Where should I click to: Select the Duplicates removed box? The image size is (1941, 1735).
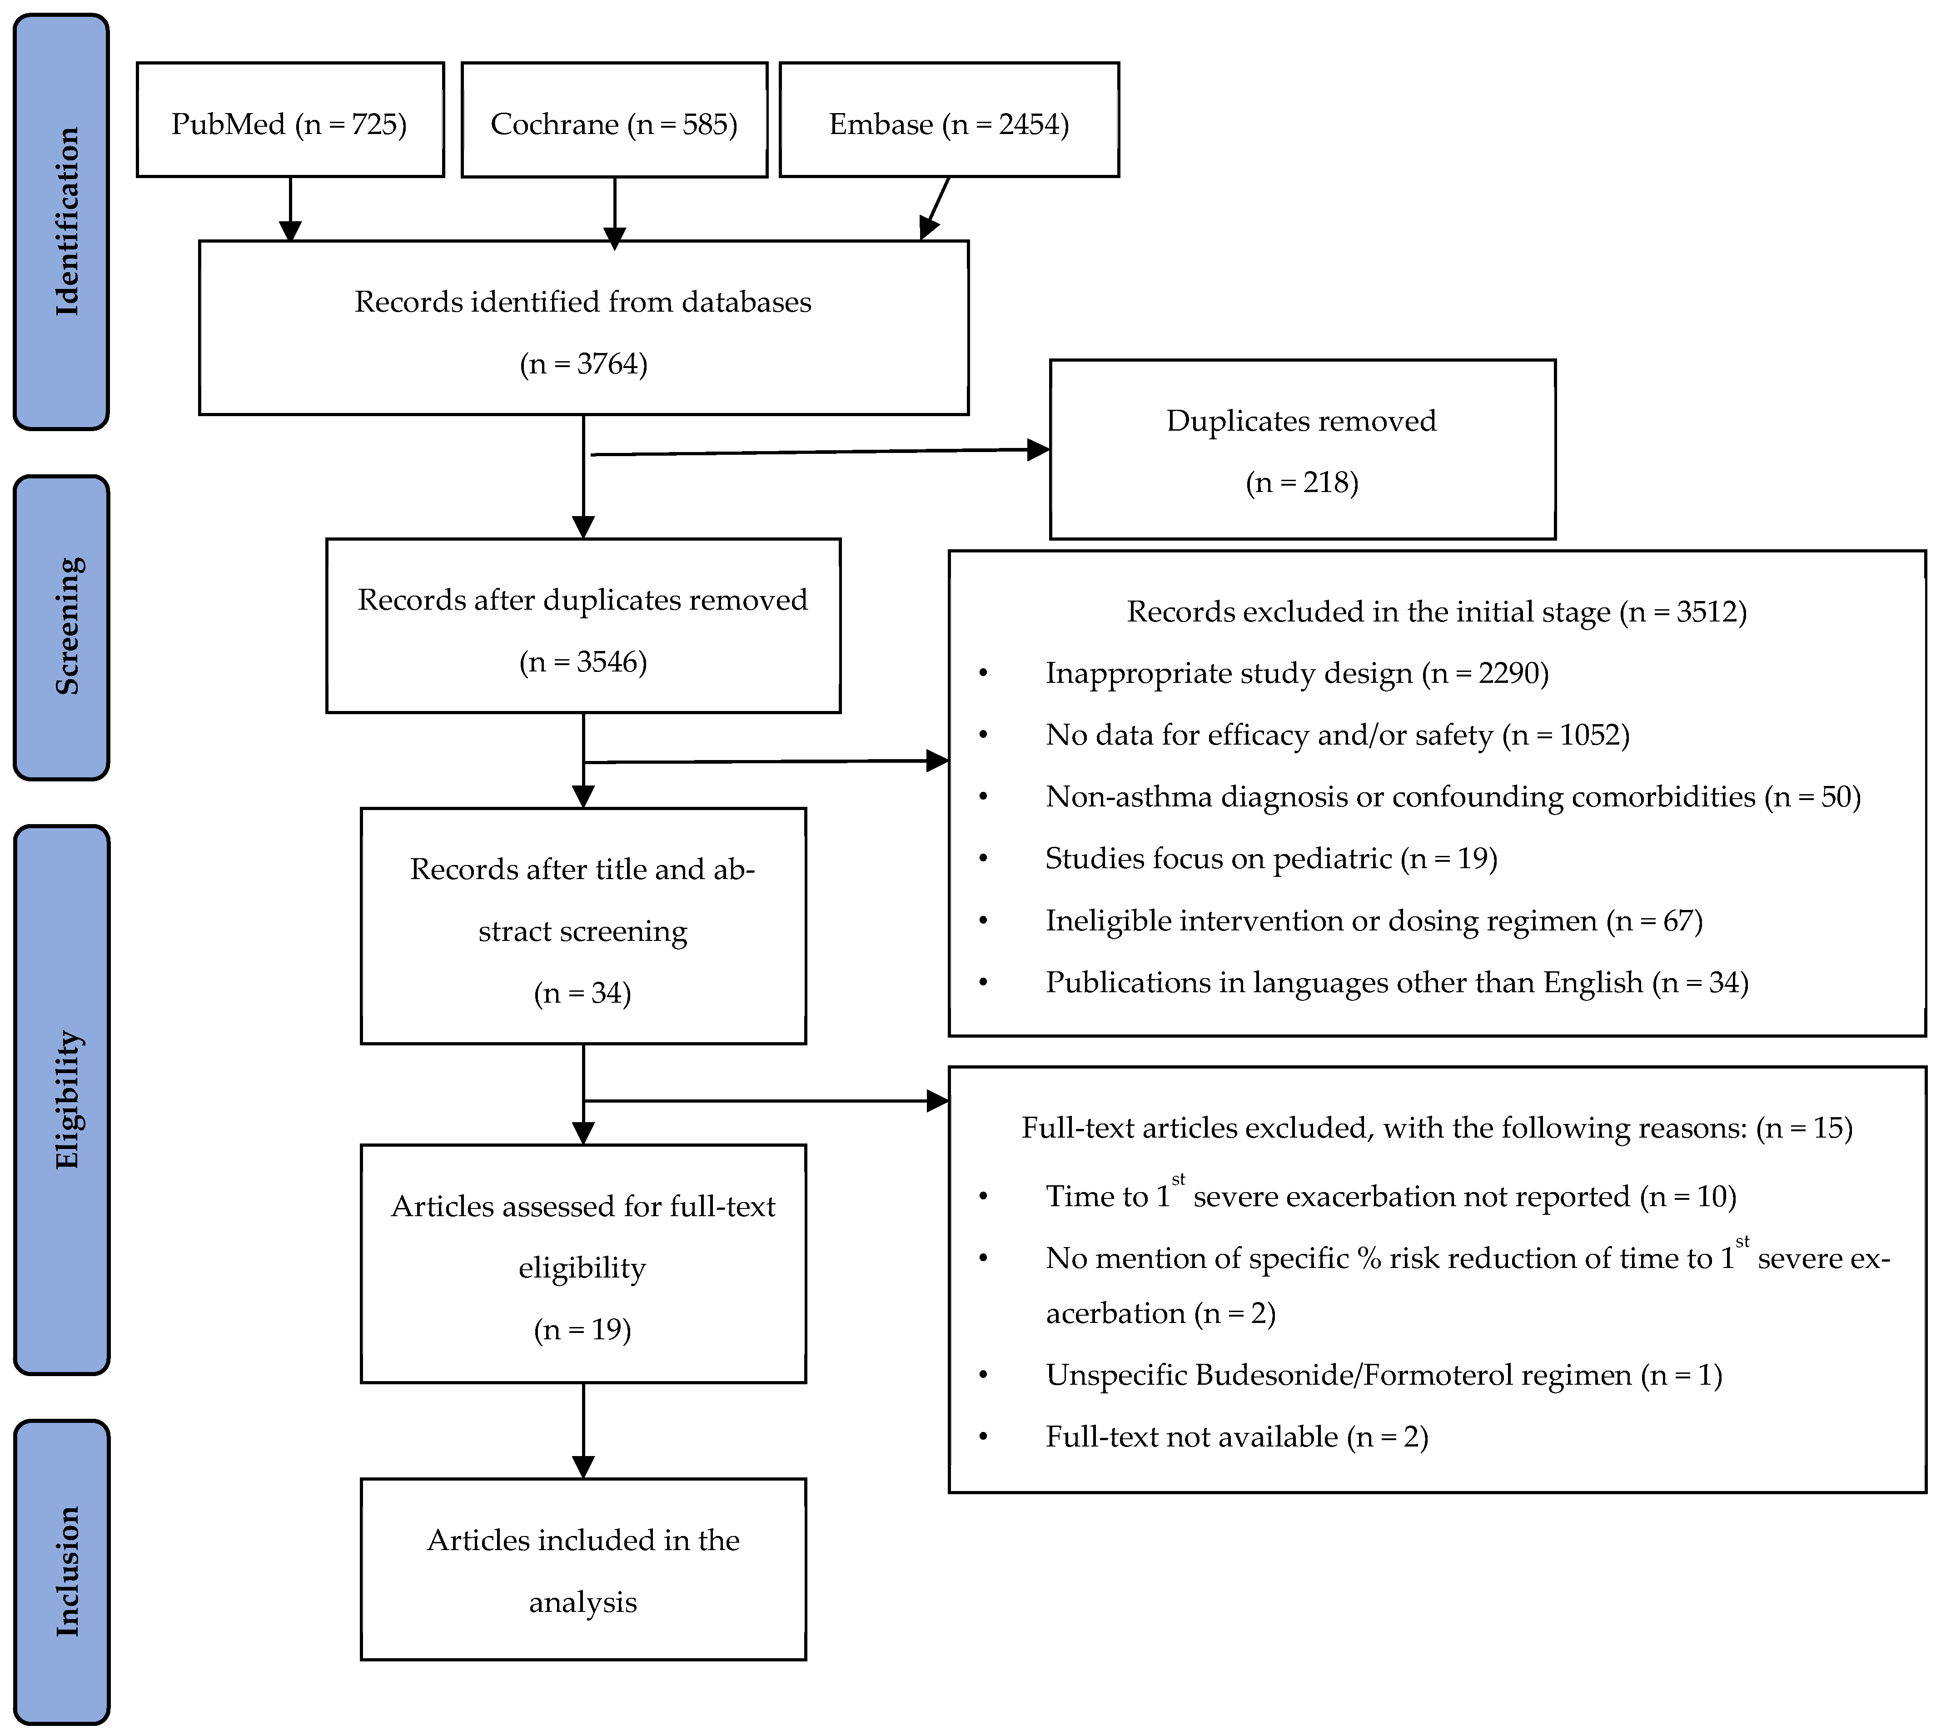coord(1302,449)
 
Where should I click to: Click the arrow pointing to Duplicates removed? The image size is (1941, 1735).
coord(820,452)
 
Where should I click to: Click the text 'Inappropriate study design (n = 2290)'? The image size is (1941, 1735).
coord(1297,673)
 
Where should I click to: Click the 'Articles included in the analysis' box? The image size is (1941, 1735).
coord(583,1569)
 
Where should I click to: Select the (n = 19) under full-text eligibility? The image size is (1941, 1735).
coord(582,1330)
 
